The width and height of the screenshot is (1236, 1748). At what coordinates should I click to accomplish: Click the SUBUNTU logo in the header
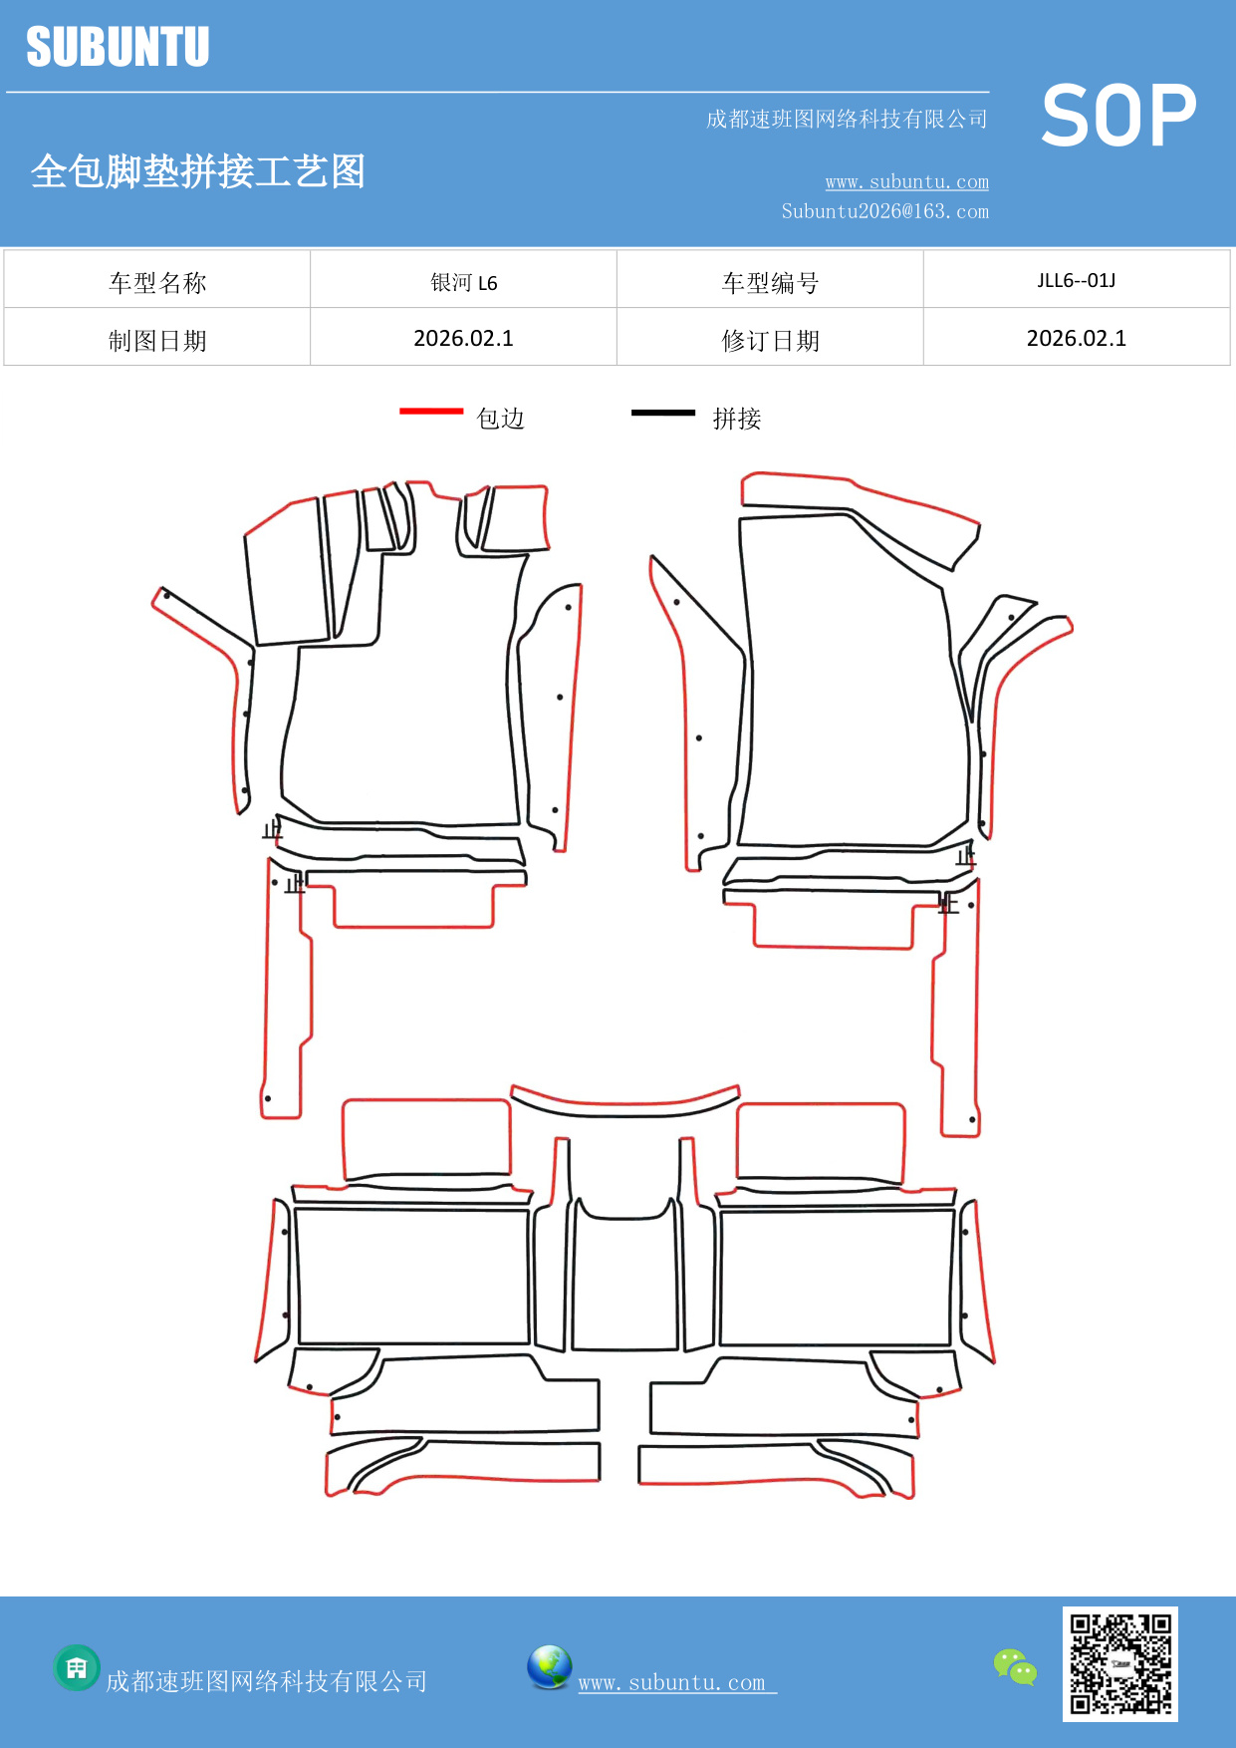[x=118, y=47]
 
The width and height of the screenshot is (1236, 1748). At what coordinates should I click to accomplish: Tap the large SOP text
[x=1118, y=116]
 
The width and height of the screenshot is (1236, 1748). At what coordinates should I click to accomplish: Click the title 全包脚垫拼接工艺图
[x=198, y=171]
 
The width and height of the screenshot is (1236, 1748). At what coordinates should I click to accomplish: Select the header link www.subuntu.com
[x=906, y=181]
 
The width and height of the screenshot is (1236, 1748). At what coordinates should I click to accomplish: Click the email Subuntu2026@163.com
[x=884, y=211]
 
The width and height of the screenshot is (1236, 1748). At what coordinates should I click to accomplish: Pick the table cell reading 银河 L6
[x=463, y=282]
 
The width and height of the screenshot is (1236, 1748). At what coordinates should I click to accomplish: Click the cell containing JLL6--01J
[x=1076, y=280]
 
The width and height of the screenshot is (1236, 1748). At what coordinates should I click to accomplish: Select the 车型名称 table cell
[x=157, y=283]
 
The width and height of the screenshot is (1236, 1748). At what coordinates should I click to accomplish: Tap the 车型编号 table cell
[x=770, y=283]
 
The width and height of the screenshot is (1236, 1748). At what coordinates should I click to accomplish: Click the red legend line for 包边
[x=431, y=411]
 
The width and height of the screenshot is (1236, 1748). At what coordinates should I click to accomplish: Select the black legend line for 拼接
[x=663, y=412]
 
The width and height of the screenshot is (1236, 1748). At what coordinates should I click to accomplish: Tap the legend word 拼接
[x=737, y=419]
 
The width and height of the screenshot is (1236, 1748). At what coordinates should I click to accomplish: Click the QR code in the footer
[x=1120, y=1663]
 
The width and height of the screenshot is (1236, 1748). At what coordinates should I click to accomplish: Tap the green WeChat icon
[x=1015, y=1667]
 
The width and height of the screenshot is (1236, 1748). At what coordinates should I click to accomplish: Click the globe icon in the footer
[x=550, y=1667]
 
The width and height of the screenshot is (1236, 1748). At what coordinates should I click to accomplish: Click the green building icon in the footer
[x=77, y=1667]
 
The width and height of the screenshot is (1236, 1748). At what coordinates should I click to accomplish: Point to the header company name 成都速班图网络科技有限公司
[x=847, y=120]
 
